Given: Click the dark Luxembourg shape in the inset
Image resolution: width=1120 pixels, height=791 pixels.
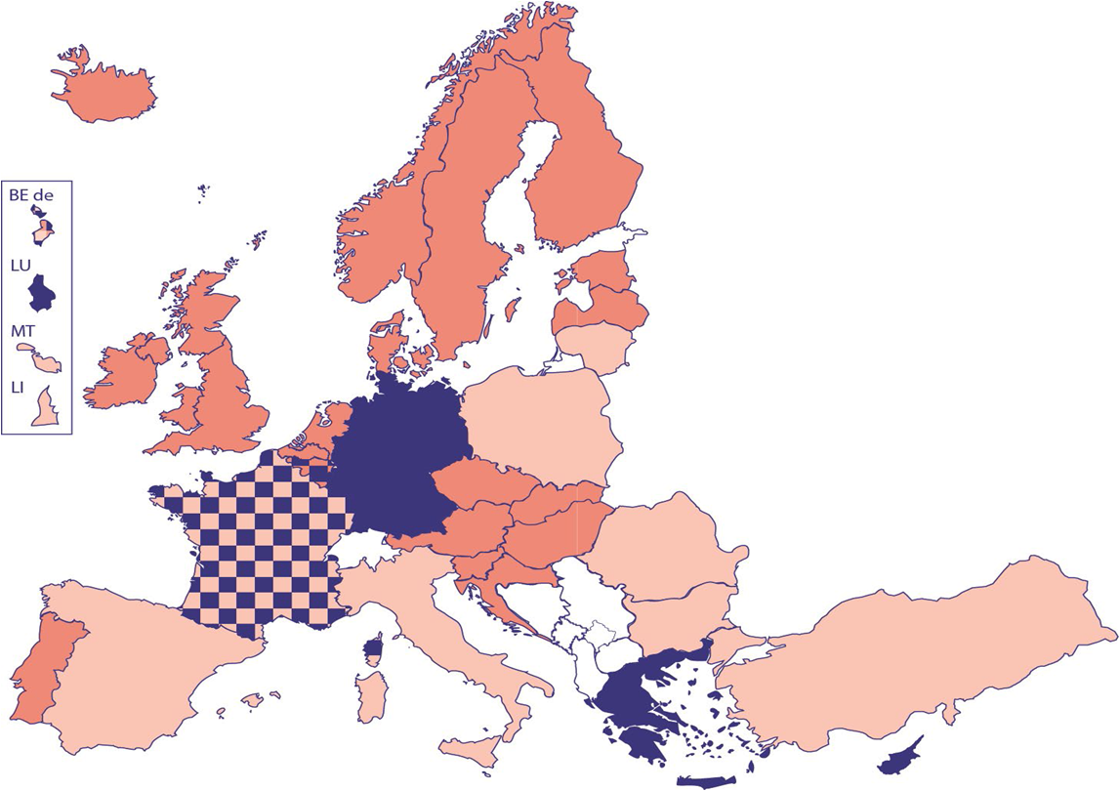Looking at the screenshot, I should click(44, 293).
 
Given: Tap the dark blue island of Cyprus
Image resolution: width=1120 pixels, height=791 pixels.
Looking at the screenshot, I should click(898, 758).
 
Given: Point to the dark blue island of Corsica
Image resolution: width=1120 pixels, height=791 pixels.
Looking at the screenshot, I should click(372, 649).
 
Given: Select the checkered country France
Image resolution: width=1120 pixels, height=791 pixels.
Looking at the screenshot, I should click(259, 547).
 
